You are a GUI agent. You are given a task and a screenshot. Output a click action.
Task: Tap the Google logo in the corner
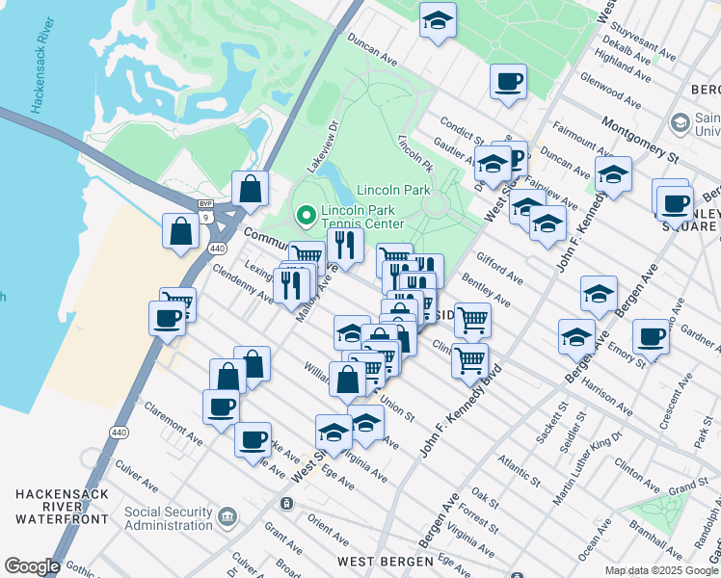[32, 566]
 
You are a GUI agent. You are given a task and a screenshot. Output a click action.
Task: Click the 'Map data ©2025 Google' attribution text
[661, 570]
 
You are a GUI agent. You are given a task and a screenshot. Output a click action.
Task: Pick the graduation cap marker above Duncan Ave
[438, 20]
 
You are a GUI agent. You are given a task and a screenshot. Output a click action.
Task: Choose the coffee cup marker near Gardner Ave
[652, 337]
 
